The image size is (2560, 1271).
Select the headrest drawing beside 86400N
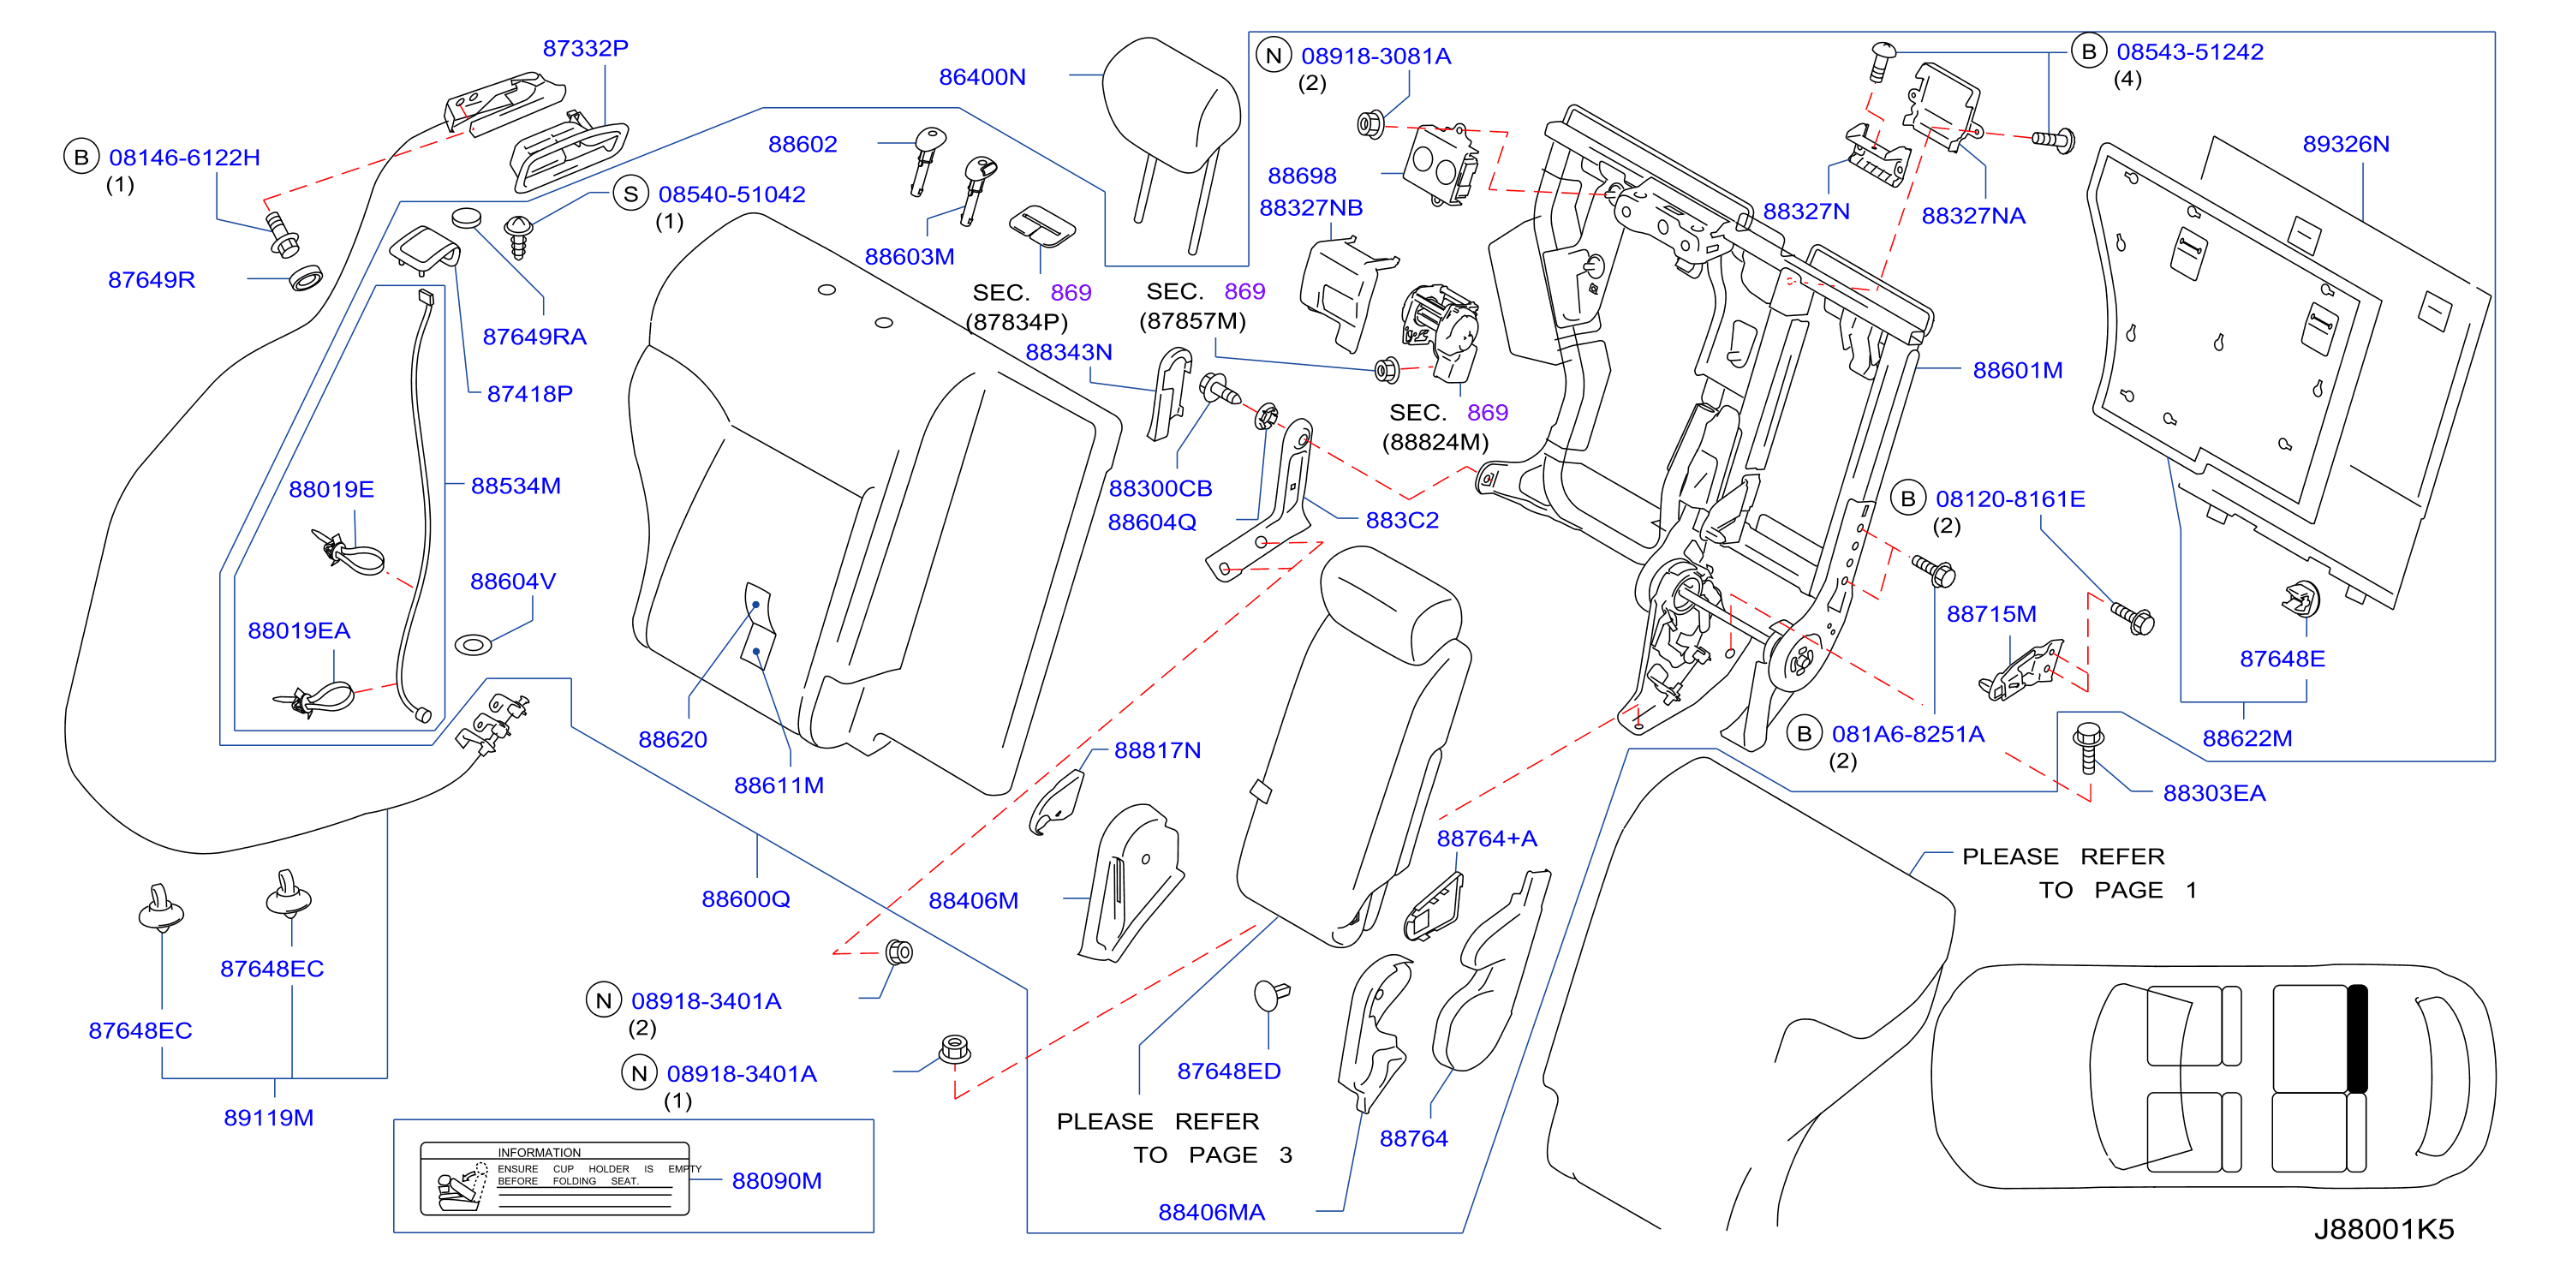1173,139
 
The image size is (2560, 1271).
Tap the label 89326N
2345,144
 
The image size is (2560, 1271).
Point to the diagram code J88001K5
2383,1229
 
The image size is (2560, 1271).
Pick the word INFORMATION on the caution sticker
539,1153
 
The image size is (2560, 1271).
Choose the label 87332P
585,48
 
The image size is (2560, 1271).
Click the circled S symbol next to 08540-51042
630,194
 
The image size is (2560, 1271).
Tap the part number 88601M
2017,370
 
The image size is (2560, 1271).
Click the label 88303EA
2214,793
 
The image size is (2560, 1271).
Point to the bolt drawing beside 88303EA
2088,749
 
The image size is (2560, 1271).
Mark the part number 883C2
1401,520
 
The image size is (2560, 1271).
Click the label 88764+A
1487,838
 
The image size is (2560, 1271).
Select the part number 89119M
268,1118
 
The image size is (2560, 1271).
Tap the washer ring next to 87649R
306,277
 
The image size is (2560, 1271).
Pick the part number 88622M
2247,738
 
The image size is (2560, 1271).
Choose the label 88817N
1157,750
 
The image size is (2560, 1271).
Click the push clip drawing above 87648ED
1270,994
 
